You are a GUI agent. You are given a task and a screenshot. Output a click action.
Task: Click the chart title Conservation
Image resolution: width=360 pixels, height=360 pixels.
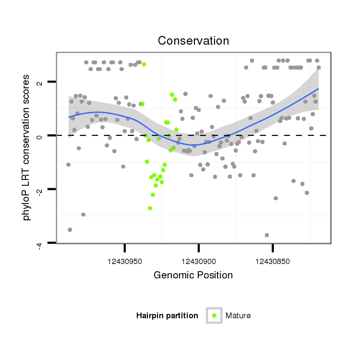tap(193, 41)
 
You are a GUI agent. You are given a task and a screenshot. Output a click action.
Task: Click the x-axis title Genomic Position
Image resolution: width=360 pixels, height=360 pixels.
tap(193, 276)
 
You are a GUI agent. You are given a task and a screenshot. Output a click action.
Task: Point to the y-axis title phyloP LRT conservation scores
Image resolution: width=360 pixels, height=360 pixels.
tap(27, 147)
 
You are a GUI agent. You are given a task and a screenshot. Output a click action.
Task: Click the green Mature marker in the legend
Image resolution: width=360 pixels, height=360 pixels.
tap(214, 315)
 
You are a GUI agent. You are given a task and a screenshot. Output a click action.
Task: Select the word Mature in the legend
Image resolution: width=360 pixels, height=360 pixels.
tap(238, 316)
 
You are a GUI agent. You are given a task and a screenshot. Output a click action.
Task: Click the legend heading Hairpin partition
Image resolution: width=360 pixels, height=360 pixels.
tap(167, 316)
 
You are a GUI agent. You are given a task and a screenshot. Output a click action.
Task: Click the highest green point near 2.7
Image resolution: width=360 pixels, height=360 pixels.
tap(144, 64)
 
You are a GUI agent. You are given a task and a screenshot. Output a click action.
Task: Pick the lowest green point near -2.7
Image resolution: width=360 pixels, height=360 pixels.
tap(150, 208)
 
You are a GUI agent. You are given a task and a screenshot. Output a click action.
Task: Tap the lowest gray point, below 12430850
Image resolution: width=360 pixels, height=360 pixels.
tap(267, 235)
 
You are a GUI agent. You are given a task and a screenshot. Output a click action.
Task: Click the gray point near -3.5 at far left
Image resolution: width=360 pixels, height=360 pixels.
tap(70, 230)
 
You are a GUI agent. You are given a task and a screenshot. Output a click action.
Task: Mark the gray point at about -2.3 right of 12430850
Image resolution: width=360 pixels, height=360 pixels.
tap(276, 198)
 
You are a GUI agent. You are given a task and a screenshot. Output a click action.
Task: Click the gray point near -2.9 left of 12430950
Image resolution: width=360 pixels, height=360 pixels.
tap(83, 215)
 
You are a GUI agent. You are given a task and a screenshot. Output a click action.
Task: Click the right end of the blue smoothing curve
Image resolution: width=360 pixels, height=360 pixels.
tap(318, 89)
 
